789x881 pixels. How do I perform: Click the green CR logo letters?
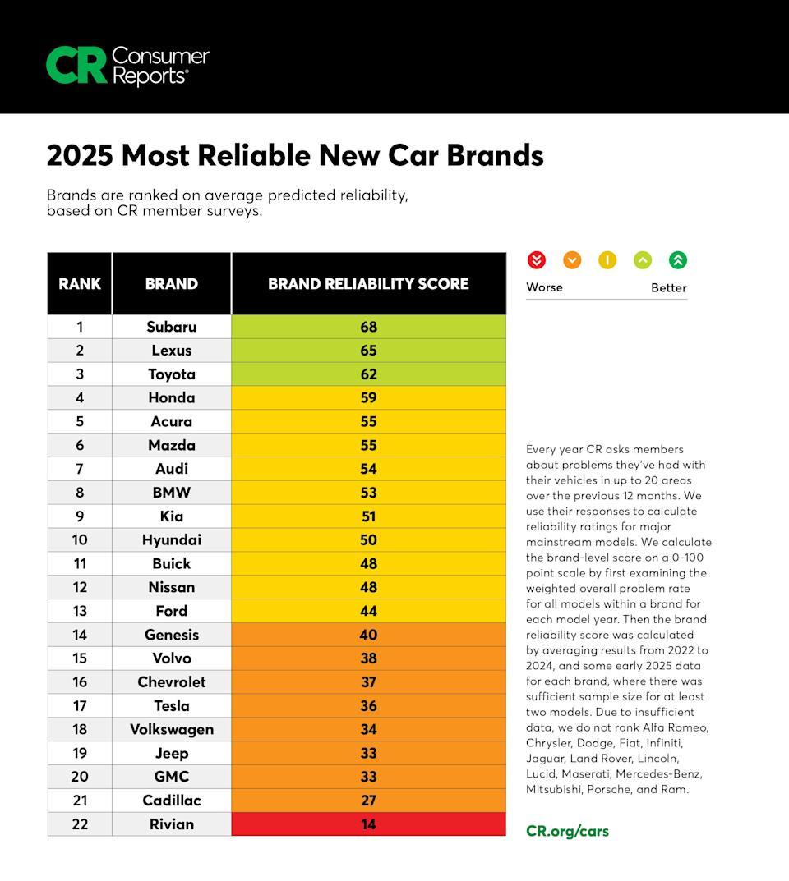(x=76, y=65)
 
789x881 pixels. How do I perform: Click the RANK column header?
(x=80, y=284)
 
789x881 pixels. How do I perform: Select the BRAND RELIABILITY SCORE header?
(x=368, y=284)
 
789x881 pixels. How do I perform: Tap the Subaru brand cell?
(x=172, y=327)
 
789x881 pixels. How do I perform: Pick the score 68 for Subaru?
(x=368, y=327)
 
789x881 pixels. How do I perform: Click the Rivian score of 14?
(x=368, y=824)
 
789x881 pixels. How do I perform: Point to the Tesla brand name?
(x=172, y=705)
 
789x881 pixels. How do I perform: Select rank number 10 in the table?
(x=80, y=539)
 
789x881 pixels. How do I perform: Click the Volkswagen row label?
(x=172, y=729)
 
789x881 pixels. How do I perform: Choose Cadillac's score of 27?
(x=368, y=800)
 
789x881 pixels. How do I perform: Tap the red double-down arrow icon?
(x=536, y=260)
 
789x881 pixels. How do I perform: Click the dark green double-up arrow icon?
(x=677, y=260)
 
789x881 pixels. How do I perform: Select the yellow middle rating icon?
(x=607, y=260)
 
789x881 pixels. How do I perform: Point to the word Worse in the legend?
(x=544, y=287)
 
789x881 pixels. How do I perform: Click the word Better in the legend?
(x=668, y=287)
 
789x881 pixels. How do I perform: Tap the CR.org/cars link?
(x=567, y=831)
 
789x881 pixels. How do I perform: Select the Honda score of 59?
(x=368, y=397)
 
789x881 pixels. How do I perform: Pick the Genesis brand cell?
(x=172, y=635)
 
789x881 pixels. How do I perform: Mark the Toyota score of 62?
(x=368, y=374)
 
